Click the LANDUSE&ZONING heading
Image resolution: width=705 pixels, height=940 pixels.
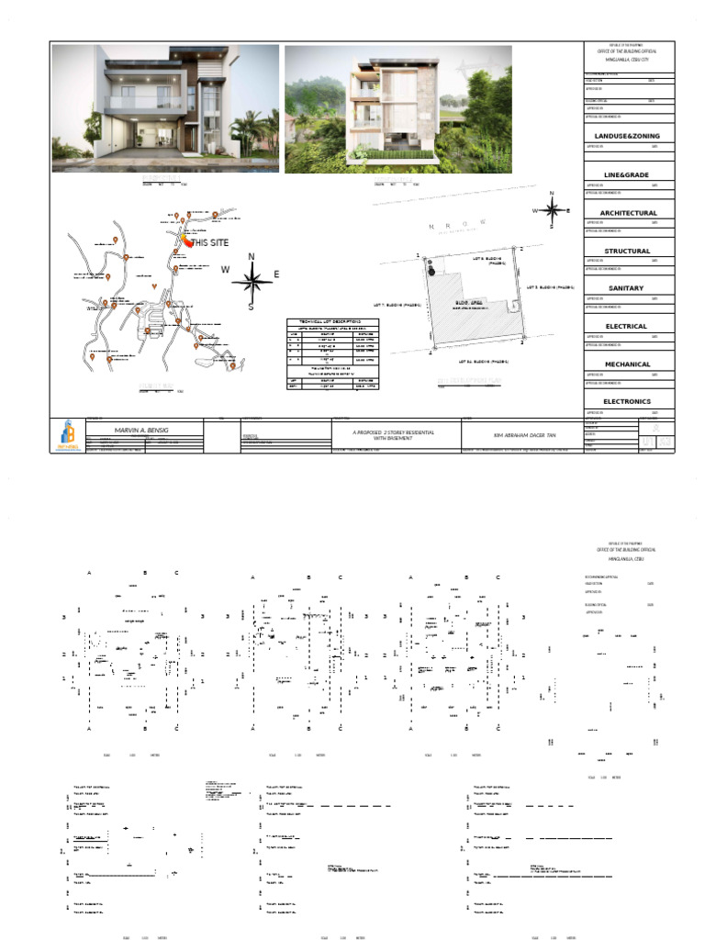628,136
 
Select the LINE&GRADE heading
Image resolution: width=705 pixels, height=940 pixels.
626,174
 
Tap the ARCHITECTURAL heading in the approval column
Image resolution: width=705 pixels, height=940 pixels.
628,213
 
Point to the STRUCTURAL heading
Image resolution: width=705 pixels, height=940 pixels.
627,251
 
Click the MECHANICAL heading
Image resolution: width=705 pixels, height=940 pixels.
627,364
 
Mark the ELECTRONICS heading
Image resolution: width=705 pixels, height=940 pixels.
627,401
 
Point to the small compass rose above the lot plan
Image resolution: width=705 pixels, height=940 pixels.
552,209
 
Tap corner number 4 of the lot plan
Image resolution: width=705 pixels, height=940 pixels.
429,352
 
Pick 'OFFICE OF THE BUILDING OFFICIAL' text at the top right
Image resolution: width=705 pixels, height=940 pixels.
629,52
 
